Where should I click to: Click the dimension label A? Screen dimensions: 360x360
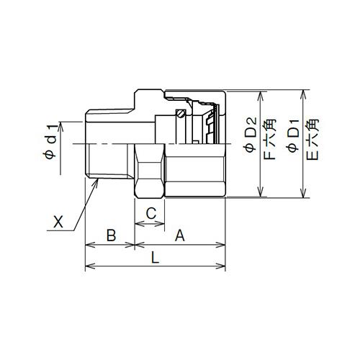click(180, 235)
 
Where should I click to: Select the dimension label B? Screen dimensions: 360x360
click(111, 235)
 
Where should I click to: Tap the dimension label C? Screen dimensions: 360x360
click(151, 213)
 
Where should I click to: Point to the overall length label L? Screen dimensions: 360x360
click(155, 258)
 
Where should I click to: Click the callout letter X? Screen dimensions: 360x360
click(58, 222)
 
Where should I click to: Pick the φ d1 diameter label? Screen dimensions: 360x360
click(51, 142)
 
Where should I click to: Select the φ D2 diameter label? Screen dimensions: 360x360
click(251, 135)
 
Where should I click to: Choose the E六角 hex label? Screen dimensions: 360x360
click(312, 140)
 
